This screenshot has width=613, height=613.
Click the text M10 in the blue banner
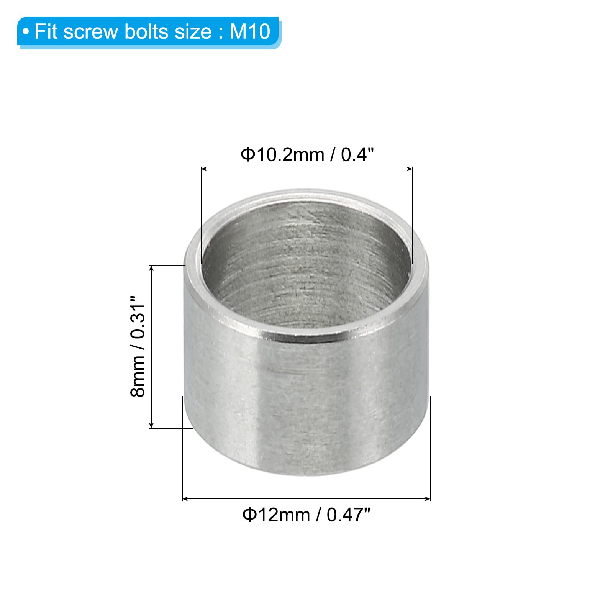pyautogui.click(x=250, y=31)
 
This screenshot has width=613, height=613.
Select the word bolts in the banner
pyautogui.click(x=148, y=31)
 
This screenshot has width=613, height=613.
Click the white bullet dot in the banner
pyautogui.click(x=26, y=32)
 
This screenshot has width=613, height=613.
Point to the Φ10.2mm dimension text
pyautogui.click(x=282, y=155)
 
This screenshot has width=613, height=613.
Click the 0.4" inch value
pyautogui.click(x=357, y=154)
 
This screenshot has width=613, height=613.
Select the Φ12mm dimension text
pyautogui.click(x=276, y=515)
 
